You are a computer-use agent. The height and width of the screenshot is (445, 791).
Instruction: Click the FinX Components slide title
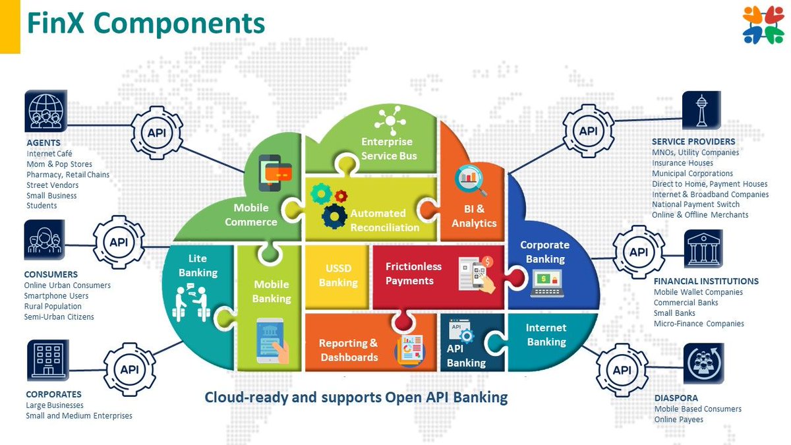pyautogui.click(x=145, y=23)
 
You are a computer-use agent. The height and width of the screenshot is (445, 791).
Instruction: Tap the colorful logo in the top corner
pyautogui.click(x=762, y=25)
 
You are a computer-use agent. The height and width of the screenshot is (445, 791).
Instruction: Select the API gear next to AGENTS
pyautogui.click(x=156, y=132)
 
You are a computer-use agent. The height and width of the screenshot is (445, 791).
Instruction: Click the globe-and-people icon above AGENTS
pyautogui.click(x=46, y=111)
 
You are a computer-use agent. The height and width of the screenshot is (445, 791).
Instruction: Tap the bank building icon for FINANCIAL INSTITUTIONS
pyautogui.click(x=703, y=250)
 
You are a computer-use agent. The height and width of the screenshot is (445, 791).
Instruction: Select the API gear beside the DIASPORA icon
pyautogui.click(x=622, y=370)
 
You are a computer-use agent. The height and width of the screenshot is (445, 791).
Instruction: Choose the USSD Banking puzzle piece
pyautogui.click(x=338, y=276)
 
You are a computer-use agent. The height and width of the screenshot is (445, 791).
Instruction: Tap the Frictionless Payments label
pyautogui.click(x=413, y=274)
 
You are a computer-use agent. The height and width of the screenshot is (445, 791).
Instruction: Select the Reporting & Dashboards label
pyautogui.click(x=349, y=350)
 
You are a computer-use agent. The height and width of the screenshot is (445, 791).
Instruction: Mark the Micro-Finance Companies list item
pyautogui.click(x=699, y=324)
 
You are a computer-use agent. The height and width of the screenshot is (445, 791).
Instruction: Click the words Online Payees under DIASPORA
pyautogui.click(x=678, y=419)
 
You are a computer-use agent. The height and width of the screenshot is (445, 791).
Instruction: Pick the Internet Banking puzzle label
pyautogui.click(x=546, y=334)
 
